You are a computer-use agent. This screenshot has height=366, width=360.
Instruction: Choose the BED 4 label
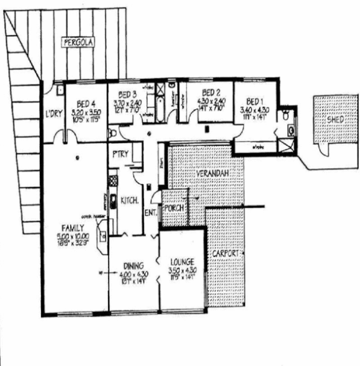[x=85, y=104]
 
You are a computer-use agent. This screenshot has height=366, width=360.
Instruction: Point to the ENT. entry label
[x=150, y=213]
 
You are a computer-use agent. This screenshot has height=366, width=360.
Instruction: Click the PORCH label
[x=174, y=207]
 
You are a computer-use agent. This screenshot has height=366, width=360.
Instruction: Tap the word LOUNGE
[x=182, y=262]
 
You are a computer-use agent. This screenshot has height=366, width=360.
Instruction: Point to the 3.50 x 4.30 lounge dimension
[x=182, y=271]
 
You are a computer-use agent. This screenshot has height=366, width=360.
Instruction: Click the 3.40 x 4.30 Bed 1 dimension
[x=254, y=110]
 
